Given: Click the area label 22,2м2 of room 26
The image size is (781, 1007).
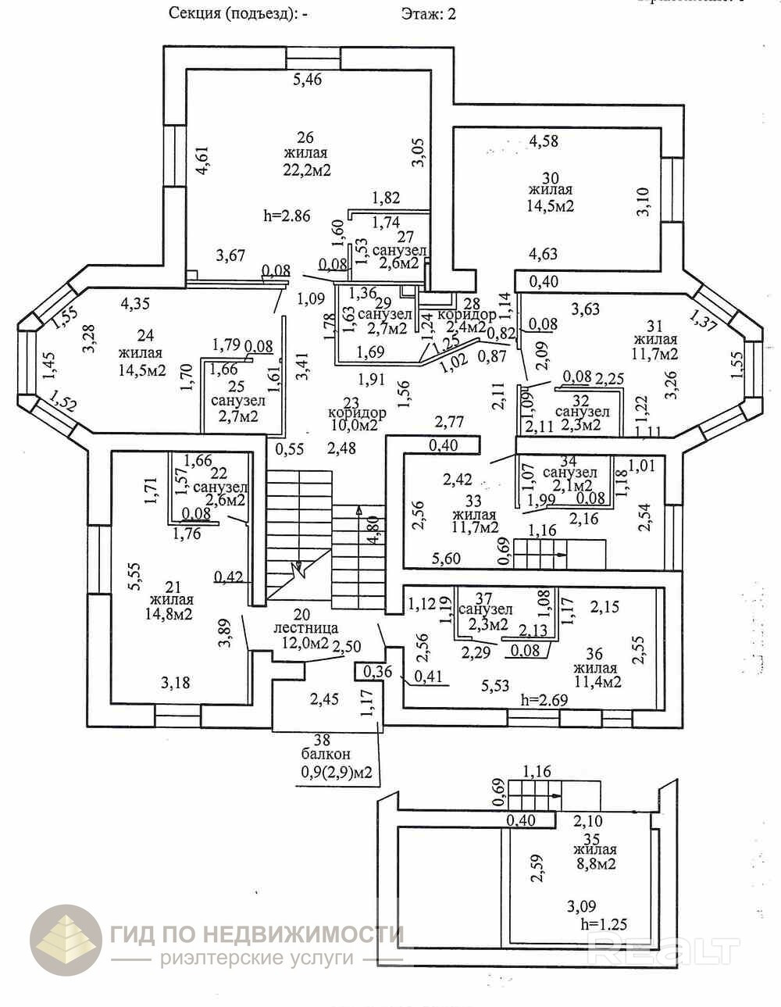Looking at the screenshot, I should [305, 170].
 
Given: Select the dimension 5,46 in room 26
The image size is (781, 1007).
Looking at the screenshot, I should [307, 79].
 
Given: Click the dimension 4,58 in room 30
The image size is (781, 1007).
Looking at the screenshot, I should [544, 141].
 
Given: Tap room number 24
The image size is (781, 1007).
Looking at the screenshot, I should [144, 336].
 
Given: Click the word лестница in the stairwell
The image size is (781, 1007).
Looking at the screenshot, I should [305, 627].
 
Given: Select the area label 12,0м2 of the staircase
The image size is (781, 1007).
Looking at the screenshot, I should [305, 643].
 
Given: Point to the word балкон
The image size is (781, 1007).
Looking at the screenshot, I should [326, 755].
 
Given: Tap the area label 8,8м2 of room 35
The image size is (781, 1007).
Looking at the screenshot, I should [594, 864].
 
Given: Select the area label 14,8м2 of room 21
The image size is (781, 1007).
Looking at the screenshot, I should [171, 614].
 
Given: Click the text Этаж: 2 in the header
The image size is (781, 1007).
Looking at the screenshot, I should [428, 13].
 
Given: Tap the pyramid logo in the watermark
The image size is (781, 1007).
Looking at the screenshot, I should [66, 941].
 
